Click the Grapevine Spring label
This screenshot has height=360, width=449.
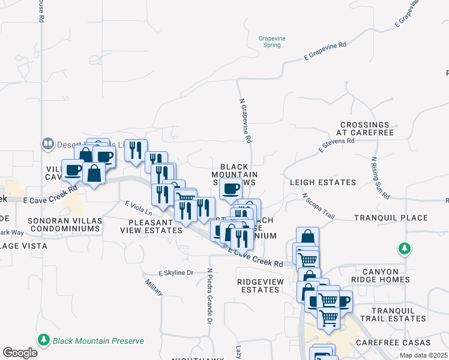tap(270, 41)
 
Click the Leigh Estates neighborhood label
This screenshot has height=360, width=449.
tap(322, 182)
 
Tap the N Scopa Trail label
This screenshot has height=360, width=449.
tap(318, 205)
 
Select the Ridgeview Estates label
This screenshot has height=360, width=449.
tap(258, 285)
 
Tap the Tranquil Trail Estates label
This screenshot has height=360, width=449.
tap(398, 314)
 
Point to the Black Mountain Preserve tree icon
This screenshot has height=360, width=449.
tap(43, 340)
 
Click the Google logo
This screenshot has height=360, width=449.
tap(20, 353)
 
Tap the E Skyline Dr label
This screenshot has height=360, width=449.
tap(176, 272)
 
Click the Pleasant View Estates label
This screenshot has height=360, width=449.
tap(151, 226)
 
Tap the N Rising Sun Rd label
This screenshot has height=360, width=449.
tap(380, 178)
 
